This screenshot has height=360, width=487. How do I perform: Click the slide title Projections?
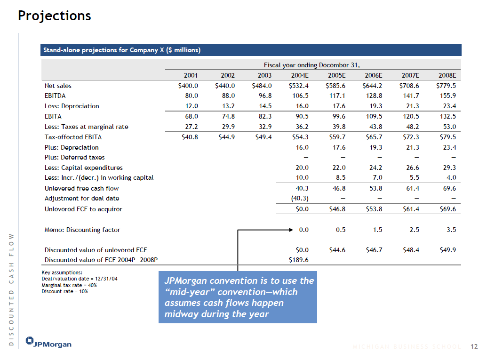(x=54, y=16)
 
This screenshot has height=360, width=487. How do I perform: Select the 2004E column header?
(x=299, y=75)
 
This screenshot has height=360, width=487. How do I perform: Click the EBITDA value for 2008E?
(x=447, y=96)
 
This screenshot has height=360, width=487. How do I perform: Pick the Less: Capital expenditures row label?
(x=83, y=168)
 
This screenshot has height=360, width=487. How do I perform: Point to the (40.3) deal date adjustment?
(x=299, y=198)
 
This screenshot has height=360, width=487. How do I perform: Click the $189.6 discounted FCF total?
(x=298, y=260)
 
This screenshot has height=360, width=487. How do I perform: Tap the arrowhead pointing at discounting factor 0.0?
(x=290, y=230)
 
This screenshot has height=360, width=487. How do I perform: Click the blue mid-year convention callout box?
(x=238, y=297)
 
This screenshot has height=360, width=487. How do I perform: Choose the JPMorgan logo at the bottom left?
(x=49, y=343)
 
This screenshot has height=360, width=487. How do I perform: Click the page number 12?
(x=474, y=347)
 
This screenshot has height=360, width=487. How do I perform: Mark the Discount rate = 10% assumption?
(x=64, y=291)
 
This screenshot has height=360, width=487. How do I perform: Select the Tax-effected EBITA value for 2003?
(x=262, y=137)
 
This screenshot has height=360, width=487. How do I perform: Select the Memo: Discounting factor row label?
(x=82, y=230)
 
